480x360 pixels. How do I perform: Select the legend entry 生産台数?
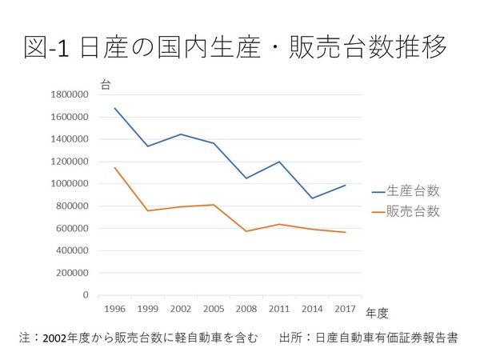pyautogui.click(x=413, y=190)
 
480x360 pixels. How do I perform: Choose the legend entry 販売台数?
pyautogui.click(x=413, y=211)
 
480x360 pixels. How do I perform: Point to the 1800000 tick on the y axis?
pyautogui.click(x=68, y=94)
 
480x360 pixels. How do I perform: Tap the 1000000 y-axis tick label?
pyautogui.click(x=68, y=184)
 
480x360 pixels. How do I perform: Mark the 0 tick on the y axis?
pyautogui.click(x=85, y=295)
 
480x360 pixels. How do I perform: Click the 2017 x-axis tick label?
pyautogui.click(x=345, y=307)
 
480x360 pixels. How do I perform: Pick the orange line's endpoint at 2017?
pyautogui.click(x=345, y=232)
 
